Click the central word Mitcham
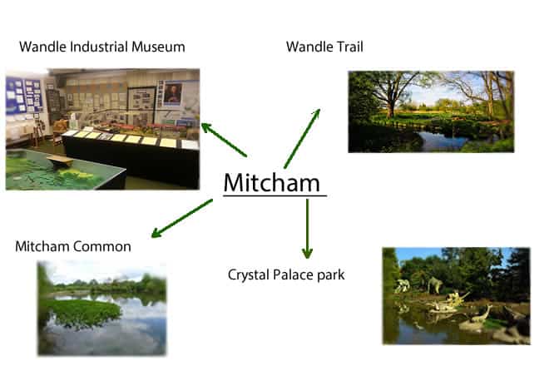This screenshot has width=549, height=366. click(272, 182)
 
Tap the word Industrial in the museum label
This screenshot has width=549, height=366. click(99, 47)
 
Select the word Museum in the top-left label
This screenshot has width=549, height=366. click(158, 47)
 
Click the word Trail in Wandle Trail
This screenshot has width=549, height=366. click(349, 47)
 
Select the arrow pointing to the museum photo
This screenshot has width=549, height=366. click(224, 140)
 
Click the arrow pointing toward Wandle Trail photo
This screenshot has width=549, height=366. click(302, 138)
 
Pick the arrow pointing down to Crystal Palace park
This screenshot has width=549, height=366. click(307, 229)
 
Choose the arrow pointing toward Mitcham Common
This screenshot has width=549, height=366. click(181, 218)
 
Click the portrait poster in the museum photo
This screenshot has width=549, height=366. click(173, 93)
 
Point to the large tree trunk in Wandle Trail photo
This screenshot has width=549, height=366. click(390, 101)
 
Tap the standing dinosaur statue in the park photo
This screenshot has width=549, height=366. click(435, 284)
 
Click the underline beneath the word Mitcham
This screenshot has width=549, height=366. click(274, 195)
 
